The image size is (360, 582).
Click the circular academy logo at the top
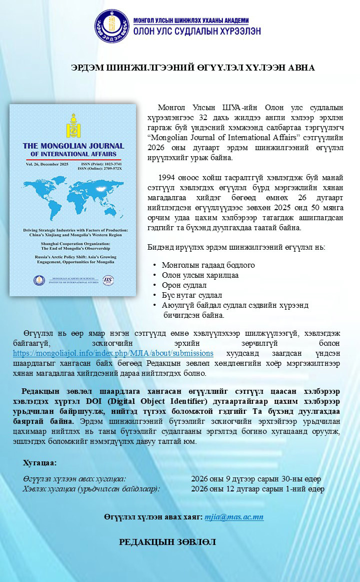pyautogui.click(x=112, y=26)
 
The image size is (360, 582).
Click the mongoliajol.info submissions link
pyautogui.click(x=113, y=353)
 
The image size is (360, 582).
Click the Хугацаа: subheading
pyautogui.click(x=40, y=462)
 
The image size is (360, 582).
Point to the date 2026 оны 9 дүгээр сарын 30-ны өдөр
pyautogui.click(x=256, y=479)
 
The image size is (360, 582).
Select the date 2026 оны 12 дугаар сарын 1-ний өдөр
pyautogui.click(x=257, y=489)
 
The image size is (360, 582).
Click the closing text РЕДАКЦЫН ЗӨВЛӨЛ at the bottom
pyautogui.click(x=167, y=542)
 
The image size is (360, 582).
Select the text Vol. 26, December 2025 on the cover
pyautogui.click(x=42, y=164)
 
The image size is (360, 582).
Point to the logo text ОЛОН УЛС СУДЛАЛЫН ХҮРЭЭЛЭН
pyautogui.click(x=197, y=31)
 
